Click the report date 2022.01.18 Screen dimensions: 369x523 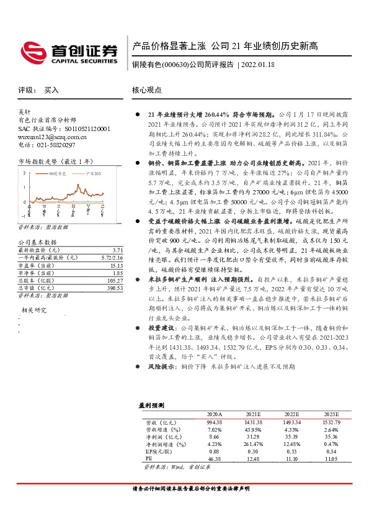point(258,65)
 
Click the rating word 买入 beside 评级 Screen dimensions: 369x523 point(51,90)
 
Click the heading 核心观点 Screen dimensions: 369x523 point(147,90)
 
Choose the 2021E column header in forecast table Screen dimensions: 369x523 point(252,414)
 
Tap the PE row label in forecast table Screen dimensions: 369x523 point(148,459)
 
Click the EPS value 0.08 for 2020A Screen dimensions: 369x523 point(215,452)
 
